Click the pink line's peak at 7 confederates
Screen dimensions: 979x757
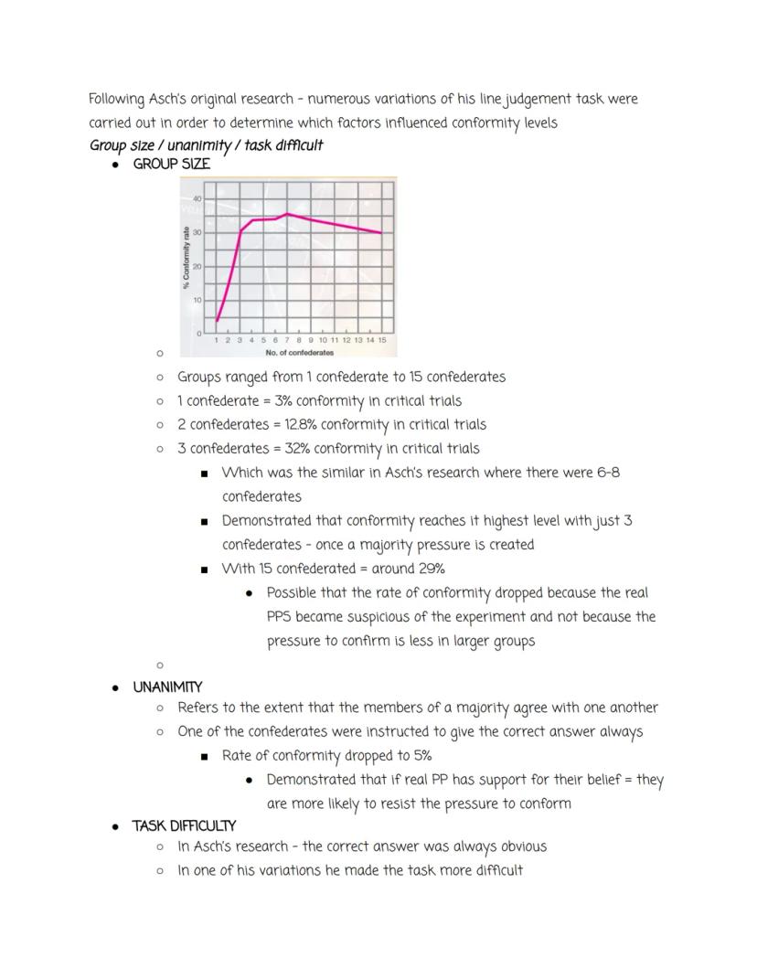coord(287,214)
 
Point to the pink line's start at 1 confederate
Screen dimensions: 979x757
coord(217,321)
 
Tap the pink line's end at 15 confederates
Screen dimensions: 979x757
coord(382,233)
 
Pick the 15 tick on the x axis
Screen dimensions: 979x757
coord(382,340)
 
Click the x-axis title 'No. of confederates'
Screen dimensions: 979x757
coord(299,352)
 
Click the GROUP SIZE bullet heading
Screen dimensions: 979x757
coord(171,165)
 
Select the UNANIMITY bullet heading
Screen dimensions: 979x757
coord(167,686)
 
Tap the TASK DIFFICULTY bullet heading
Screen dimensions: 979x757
coord(184,825)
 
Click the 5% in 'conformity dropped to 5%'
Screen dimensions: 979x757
coord(421,756)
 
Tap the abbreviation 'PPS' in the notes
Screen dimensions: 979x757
coord(279,616)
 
